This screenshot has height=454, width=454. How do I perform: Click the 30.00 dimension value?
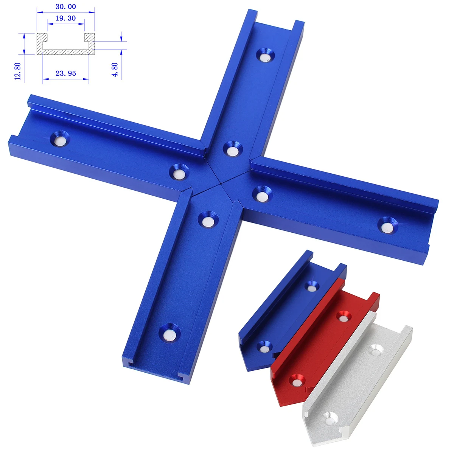pyautogui.click(x=65, y=6)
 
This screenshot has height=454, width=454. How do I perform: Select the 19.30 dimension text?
pyautogui.click(x=65, y=18)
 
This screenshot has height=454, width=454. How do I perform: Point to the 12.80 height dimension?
pyautogui.click(x=17, y=71)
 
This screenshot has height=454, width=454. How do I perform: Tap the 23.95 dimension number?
pyautogui.click(x=66, y=73)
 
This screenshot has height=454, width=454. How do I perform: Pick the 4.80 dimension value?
pyautogui.click(x=115, y=69)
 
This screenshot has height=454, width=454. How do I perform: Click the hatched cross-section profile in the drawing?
pyautogui.click(x=66, y=51)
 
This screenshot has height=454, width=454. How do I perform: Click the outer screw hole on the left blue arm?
pyautogui.click(x=60, y=139)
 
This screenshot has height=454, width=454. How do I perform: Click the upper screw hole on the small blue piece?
pyautogui.click(x=311, y=286)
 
